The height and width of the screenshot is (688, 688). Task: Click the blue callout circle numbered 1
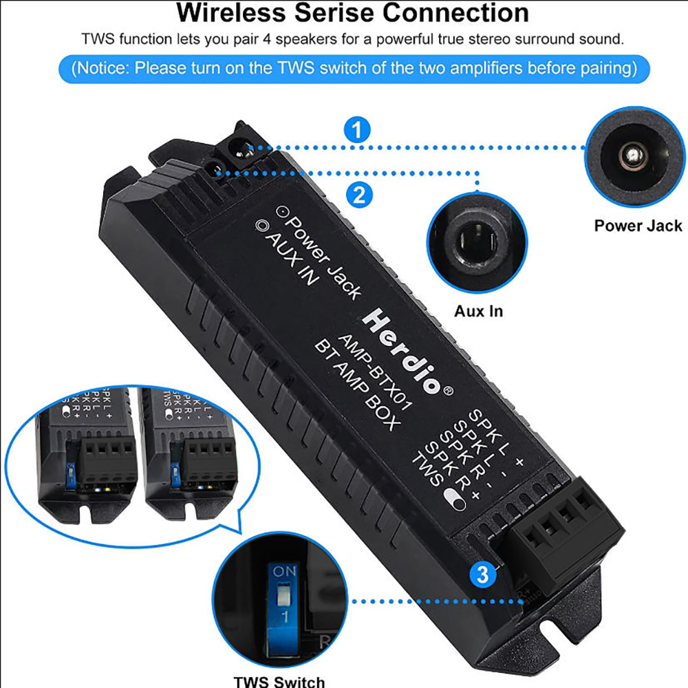pos(356,131)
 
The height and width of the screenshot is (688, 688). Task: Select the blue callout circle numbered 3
pos(482,574)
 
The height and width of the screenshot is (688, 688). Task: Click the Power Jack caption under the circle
pos(638,226)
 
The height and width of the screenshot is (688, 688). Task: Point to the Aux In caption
pos(478,311)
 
